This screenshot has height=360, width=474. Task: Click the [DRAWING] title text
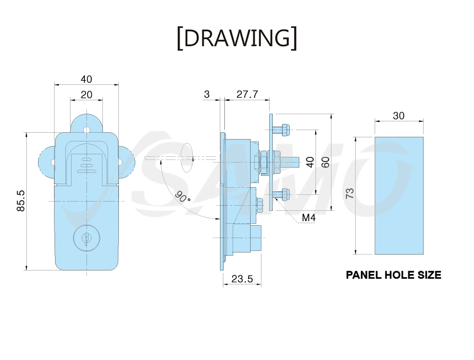pos(237,38)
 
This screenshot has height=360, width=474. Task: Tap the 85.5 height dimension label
pos(21,201)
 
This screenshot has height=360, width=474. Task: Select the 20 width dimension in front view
pos(86,95)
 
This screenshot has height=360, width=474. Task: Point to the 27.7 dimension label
pos(247,94)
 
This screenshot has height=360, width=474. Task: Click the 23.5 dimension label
pos(242,279)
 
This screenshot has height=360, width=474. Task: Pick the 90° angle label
pos(183,197)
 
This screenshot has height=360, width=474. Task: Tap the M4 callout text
pos(309,218)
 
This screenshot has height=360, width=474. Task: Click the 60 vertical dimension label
pos(325,162)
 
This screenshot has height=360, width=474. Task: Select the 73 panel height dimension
pos(349,193)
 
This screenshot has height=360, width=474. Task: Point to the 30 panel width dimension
pos(398,116)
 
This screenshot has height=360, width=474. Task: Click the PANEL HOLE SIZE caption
pos(393,275)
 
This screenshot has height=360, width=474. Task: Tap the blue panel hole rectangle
pos(399,195)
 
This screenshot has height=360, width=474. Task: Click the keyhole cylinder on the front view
pos(86,238)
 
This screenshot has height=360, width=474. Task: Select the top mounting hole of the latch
pos(87,130)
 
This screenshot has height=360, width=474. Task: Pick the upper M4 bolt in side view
pos(282,130)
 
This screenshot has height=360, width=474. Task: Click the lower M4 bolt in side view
pos(282,194)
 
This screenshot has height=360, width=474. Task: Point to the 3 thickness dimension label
pos(207,94)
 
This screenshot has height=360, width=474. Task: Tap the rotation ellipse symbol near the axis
pos(187,158)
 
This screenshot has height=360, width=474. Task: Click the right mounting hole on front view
pos(120,163)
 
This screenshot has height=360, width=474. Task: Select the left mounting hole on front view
pos(53,163)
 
